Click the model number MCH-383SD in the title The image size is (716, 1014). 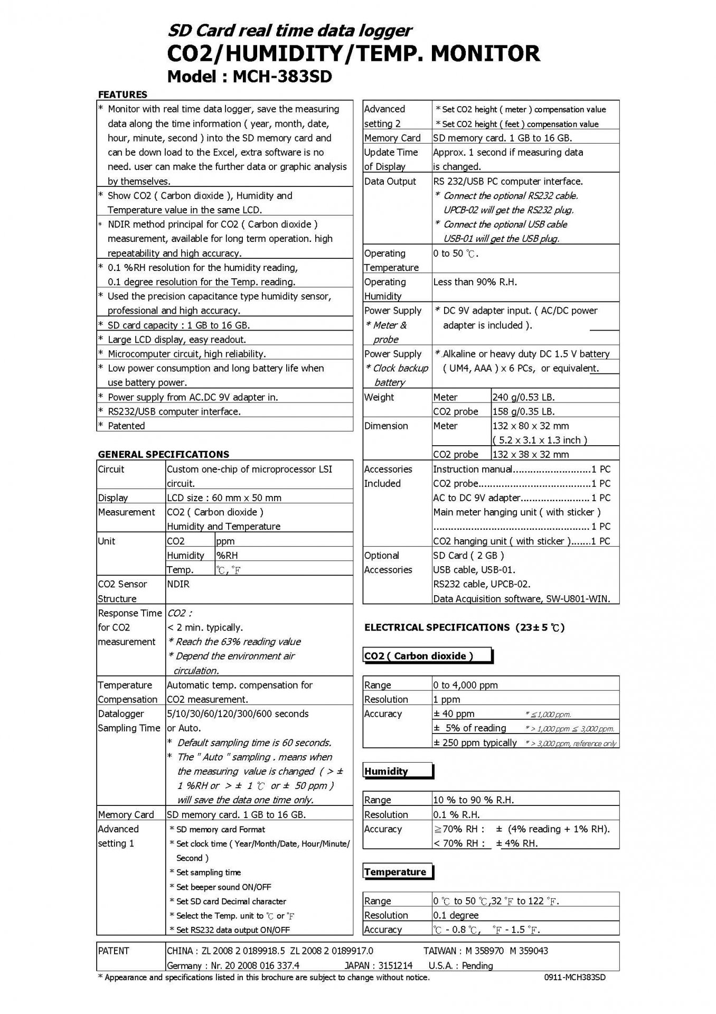pyautogui.click(x=282, y=77)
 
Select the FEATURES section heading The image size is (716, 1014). pyautogui.click(x=123, y=95)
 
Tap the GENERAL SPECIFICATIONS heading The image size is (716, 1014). pyautogui.click(x=164, y=454)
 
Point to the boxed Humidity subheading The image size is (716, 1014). pyautogui.click(x=386, y=771)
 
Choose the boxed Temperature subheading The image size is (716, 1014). pyautogui.click(x=395, y=872)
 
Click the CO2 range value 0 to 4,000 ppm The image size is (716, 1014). pyautogui.click(x=465, y=685)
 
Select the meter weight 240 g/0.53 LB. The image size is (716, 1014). pyautogui.click(x=523, y=397)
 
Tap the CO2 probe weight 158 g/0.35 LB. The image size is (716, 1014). pyautogui.click(x=523, y=411)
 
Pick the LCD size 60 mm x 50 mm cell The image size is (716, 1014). pyautogui.click(x=224, y=497)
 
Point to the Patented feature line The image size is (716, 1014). pyautogui.click(x=126, y=426)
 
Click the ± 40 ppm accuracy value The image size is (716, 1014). pyautogui.click(x=454, y=713)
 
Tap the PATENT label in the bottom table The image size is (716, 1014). pyautogui.click(x=114, y=951)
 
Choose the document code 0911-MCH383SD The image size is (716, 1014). pyautogui.click(x=575, y=978)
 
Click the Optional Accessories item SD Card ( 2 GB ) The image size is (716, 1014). pyautogui.click(x=468, y=555)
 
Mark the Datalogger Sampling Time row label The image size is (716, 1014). pyautogui.click(x=129, y=720)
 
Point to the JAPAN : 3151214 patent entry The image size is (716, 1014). pyautogui.click(x=378, y=965)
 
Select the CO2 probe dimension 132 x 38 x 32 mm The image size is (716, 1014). pyautogui.click(x=531, y=454)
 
